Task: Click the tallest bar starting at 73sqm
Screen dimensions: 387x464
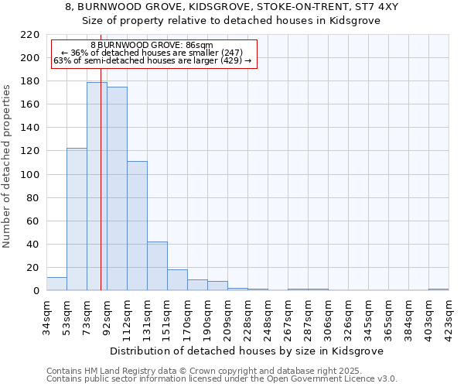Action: click(x=97, y=186)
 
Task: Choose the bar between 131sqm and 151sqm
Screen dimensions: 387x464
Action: click(x=157, y=266)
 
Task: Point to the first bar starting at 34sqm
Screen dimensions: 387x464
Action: click(x=56, y=284)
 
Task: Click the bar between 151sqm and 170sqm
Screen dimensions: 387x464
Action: click(x=177, y=280)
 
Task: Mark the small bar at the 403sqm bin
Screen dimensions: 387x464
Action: click(x=438, y=289)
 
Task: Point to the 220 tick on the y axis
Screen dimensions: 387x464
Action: click(x=30, y=35)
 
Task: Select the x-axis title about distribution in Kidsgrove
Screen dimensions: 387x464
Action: click(x=247, y=351)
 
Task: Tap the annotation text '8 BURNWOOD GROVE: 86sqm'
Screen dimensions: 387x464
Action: click(x=152, y=46)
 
